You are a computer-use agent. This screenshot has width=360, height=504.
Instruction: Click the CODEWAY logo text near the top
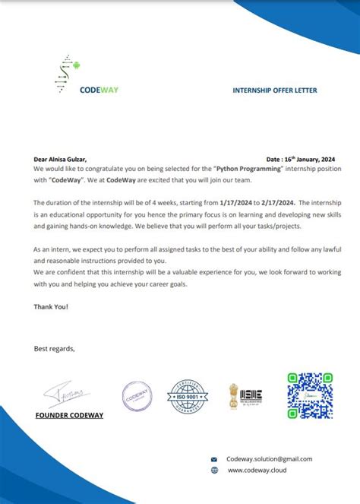point(99,90)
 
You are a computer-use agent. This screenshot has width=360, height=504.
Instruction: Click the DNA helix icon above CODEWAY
point(64,74)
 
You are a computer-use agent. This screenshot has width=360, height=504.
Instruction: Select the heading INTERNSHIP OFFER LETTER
point(274,90)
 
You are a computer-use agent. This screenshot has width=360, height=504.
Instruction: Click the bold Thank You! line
point(51,306)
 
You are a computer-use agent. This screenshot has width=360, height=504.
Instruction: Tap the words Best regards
point(55,349)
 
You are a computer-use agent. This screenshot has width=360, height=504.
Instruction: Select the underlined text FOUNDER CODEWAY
point(69,415)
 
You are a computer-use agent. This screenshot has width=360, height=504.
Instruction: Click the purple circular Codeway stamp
point(137,396)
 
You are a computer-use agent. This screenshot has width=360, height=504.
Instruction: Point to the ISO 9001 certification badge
point(185,396)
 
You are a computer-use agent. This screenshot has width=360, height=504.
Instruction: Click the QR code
point(310,395)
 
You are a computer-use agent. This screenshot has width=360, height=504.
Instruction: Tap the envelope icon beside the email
point(214,459)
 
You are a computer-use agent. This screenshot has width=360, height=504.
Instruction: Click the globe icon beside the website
point(214,471)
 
